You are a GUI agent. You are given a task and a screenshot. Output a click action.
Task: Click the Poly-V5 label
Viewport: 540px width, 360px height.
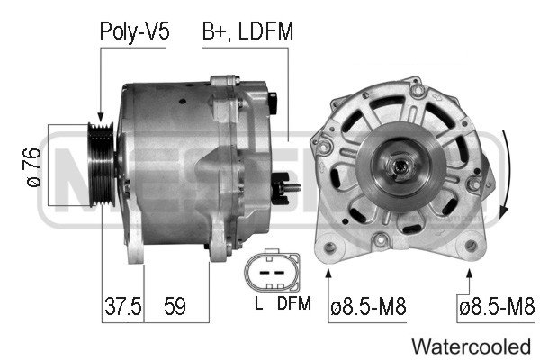tap(134, 32)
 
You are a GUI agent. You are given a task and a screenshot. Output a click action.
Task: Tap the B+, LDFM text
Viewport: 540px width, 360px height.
tap(247, 32)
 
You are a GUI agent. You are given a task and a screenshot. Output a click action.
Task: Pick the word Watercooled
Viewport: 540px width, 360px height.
tap(471, 346)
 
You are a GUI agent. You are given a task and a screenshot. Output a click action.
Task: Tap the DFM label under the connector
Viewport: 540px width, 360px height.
tap(293, 304)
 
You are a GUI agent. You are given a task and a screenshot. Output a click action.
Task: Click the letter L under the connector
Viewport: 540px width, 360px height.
tap(257, 304)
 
